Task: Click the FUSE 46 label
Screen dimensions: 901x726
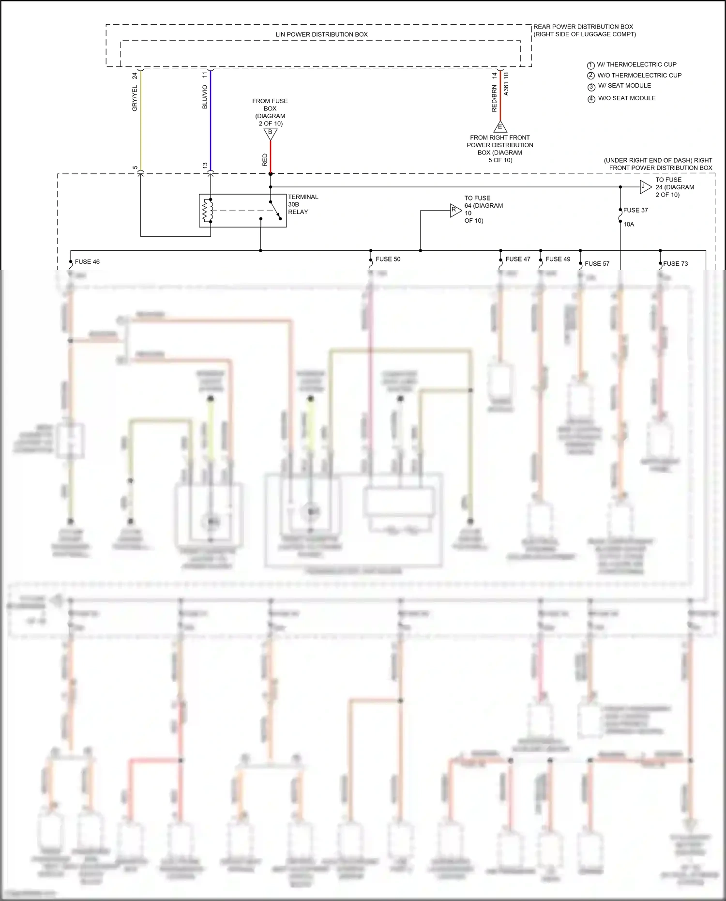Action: pos(87,262)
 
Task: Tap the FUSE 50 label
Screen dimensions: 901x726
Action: pos(388,259)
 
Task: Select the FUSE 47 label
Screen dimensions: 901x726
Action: pos(517,259)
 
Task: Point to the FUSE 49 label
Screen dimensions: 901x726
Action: pos(558,259)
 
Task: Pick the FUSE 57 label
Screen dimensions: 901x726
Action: pos(597,264)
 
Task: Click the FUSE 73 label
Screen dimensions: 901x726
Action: pos(675,264)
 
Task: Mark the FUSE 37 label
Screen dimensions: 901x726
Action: pos(635,210)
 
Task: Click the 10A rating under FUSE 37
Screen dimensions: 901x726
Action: pos(628,224)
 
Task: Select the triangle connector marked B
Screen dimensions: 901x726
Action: pos(270,133)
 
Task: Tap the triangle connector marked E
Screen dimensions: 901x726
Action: pos(500,127)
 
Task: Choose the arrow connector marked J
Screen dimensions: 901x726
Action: pos(645,187)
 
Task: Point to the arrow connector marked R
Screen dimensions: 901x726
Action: pos(455,210)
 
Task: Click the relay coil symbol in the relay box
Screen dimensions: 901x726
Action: pos(208,211)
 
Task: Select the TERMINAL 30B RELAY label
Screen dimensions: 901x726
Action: pos(303,204)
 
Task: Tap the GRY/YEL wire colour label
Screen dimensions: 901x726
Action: pos(135,98)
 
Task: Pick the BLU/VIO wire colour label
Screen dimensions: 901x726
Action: pos(205,97)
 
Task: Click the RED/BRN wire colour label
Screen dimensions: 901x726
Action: pos(494,99)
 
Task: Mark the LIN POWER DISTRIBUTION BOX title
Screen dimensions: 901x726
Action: pos(321,34)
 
